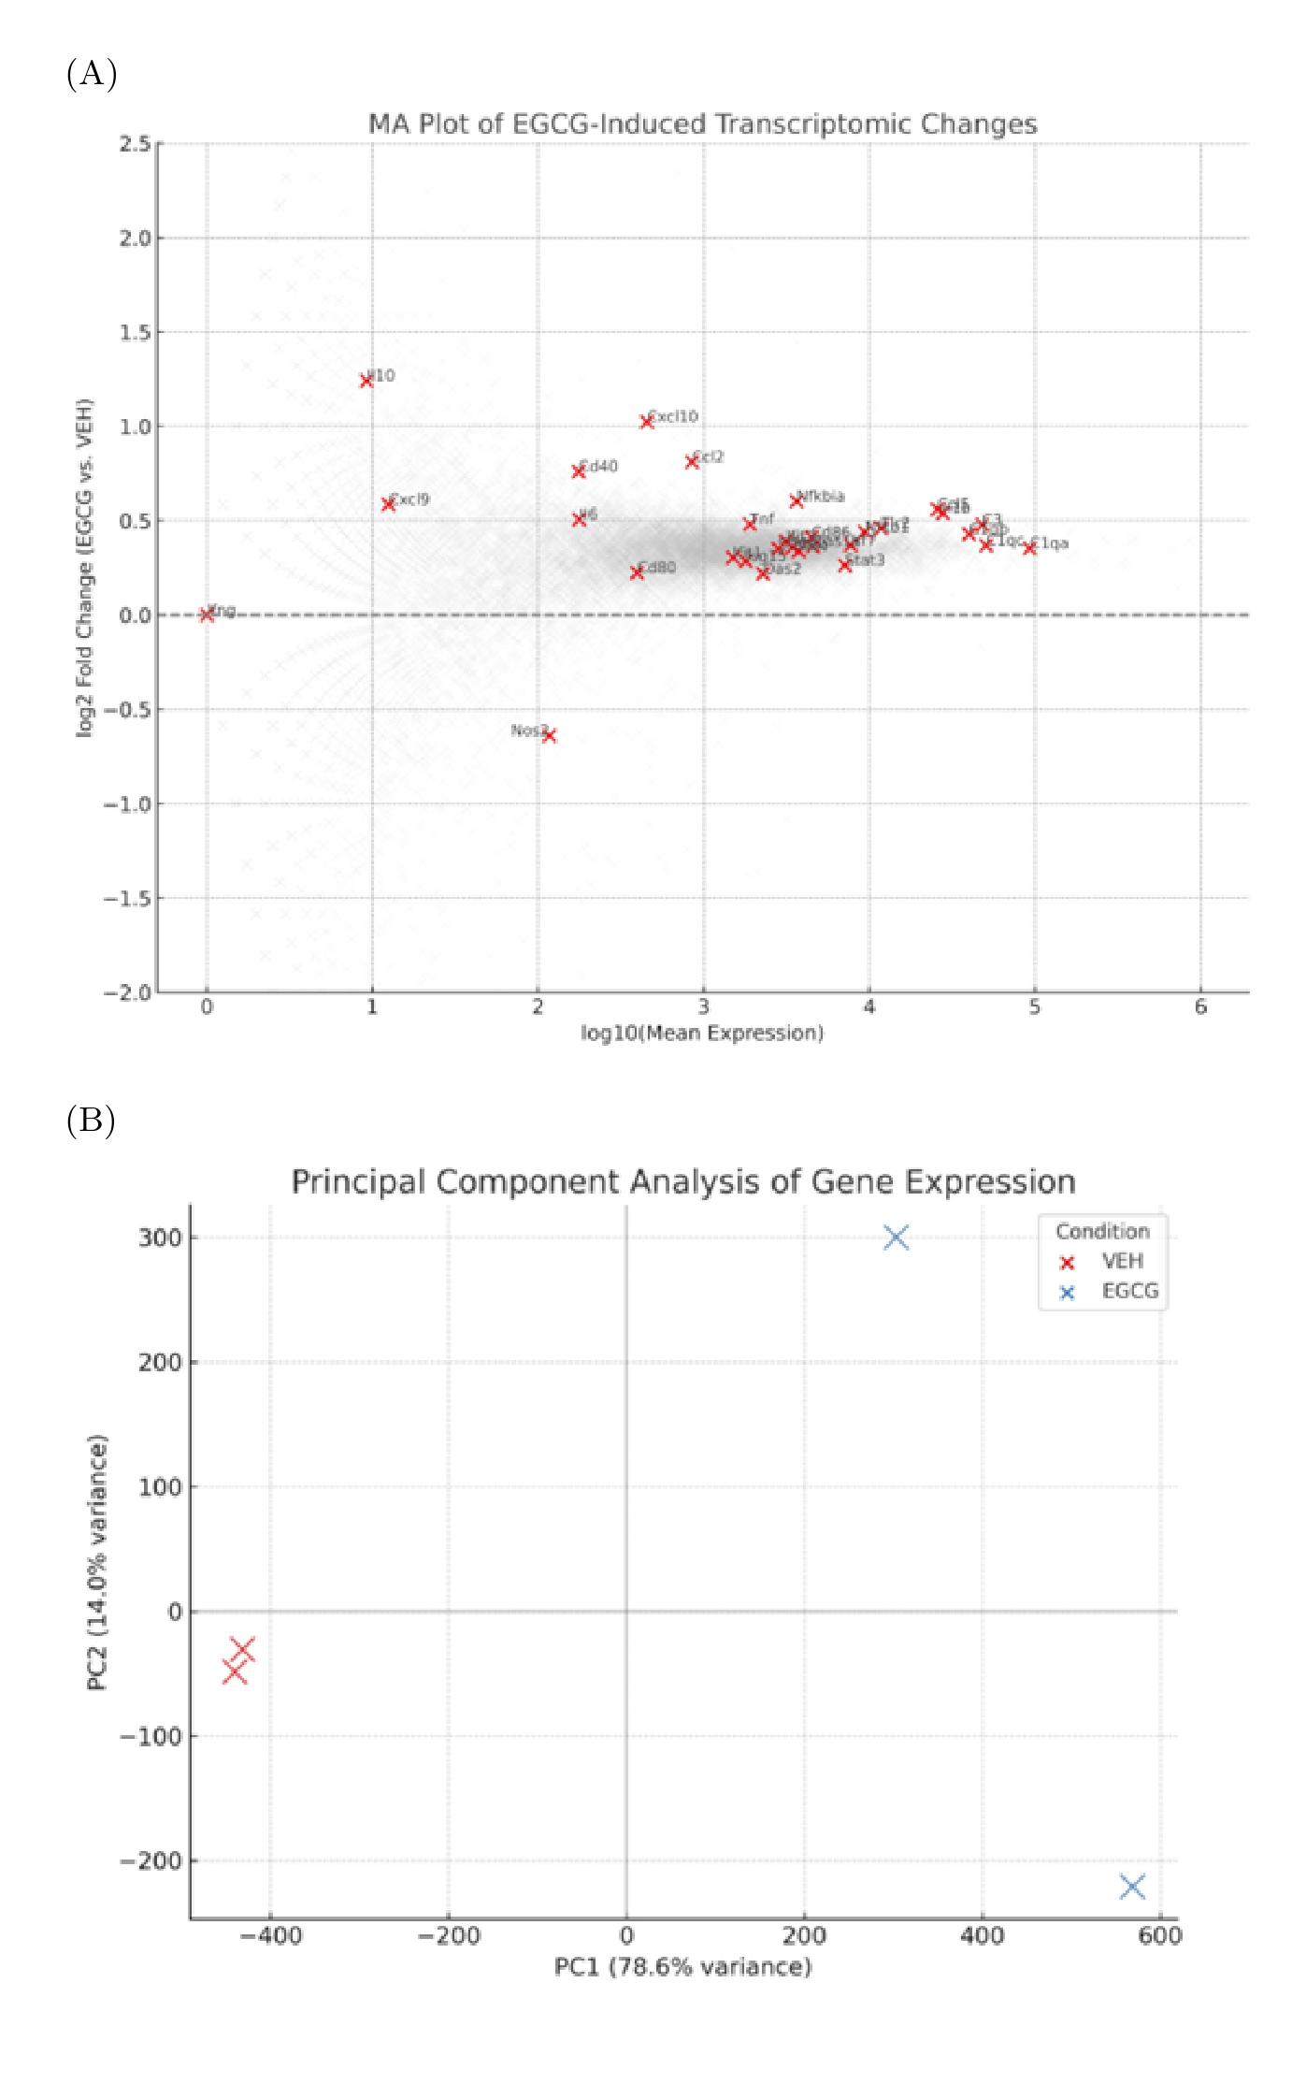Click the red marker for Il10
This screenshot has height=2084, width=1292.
(366, 381)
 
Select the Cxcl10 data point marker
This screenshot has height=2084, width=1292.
(646, 422)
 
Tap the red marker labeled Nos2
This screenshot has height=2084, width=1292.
(549, 736)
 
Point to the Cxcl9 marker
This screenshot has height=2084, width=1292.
(388, 504)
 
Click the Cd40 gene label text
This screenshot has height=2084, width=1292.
(599, 466)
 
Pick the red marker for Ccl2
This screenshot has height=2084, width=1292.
(692, 462)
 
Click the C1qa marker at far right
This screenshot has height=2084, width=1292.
(1029, 548)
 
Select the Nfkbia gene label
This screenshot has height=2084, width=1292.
(822, 496)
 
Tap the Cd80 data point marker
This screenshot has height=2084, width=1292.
(637, 572)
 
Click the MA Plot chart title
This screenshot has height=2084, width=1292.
(702, 123)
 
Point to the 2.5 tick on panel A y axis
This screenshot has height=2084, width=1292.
(135, 144)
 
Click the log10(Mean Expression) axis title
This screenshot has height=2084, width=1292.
(702, 1033)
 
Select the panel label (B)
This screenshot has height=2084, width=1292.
(91, 1120)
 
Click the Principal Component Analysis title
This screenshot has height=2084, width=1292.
(683, 1181)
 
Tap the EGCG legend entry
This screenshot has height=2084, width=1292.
(1129, 1291)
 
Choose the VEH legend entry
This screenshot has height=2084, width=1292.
(1122, 1261)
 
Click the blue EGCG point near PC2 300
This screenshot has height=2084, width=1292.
(896, 1237)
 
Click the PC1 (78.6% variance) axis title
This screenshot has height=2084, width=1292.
(682, 1966)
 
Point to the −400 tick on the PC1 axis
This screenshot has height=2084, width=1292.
(271, 1935)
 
